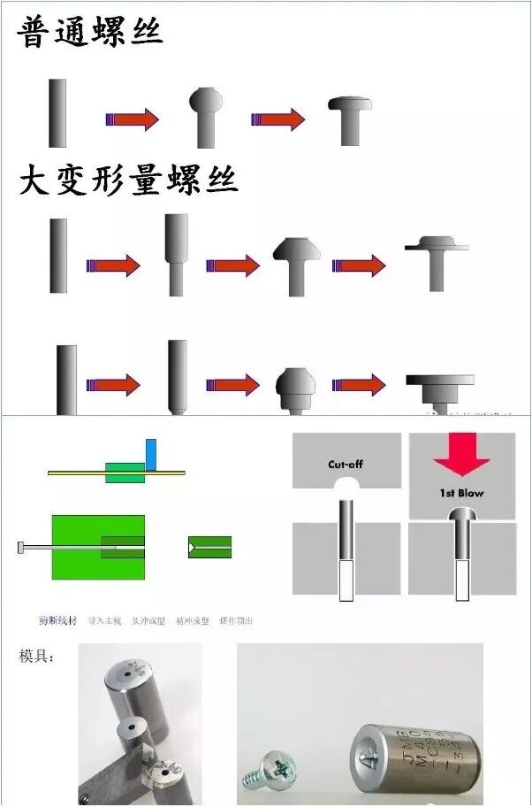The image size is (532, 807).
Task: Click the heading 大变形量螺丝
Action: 129,181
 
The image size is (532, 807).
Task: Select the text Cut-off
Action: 346,464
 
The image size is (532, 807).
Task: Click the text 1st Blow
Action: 462,492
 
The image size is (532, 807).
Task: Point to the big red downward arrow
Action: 462,453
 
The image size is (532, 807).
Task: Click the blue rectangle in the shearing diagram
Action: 150,453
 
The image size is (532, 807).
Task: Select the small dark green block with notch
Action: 209,547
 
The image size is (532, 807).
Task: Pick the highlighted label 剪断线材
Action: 57,620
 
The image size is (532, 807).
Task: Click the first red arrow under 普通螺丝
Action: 133,119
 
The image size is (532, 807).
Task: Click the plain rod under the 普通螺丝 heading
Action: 57,112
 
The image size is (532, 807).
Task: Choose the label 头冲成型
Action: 148,620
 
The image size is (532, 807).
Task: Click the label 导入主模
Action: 104,620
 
